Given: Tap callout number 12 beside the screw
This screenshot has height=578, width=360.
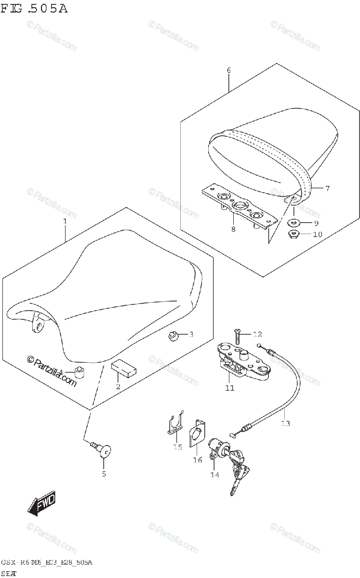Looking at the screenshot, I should (x=257, y=334).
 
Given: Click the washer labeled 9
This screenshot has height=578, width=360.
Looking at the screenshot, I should (x=294, y=223).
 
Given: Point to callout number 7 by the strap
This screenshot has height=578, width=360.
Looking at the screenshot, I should (x=327, y=188).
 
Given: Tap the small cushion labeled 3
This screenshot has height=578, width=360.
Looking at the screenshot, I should (x=173, y=336).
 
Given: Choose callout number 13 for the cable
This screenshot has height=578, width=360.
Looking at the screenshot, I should (x=285, y=423).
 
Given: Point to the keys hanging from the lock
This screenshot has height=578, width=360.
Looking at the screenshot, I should (x=239, y=474).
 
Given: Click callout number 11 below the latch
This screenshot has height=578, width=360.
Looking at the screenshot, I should (x=230, y=388).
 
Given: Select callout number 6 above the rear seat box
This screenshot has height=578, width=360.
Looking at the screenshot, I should (x=228, y=70).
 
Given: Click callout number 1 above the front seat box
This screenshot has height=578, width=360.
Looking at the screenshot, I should (x=65, y=221).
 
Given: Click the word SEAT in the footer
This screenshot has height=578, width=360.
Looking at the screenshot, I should (x=10, y=572).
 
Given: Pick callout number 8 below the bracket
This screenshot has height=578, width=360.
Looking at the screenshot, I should (x=233, y=229).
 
